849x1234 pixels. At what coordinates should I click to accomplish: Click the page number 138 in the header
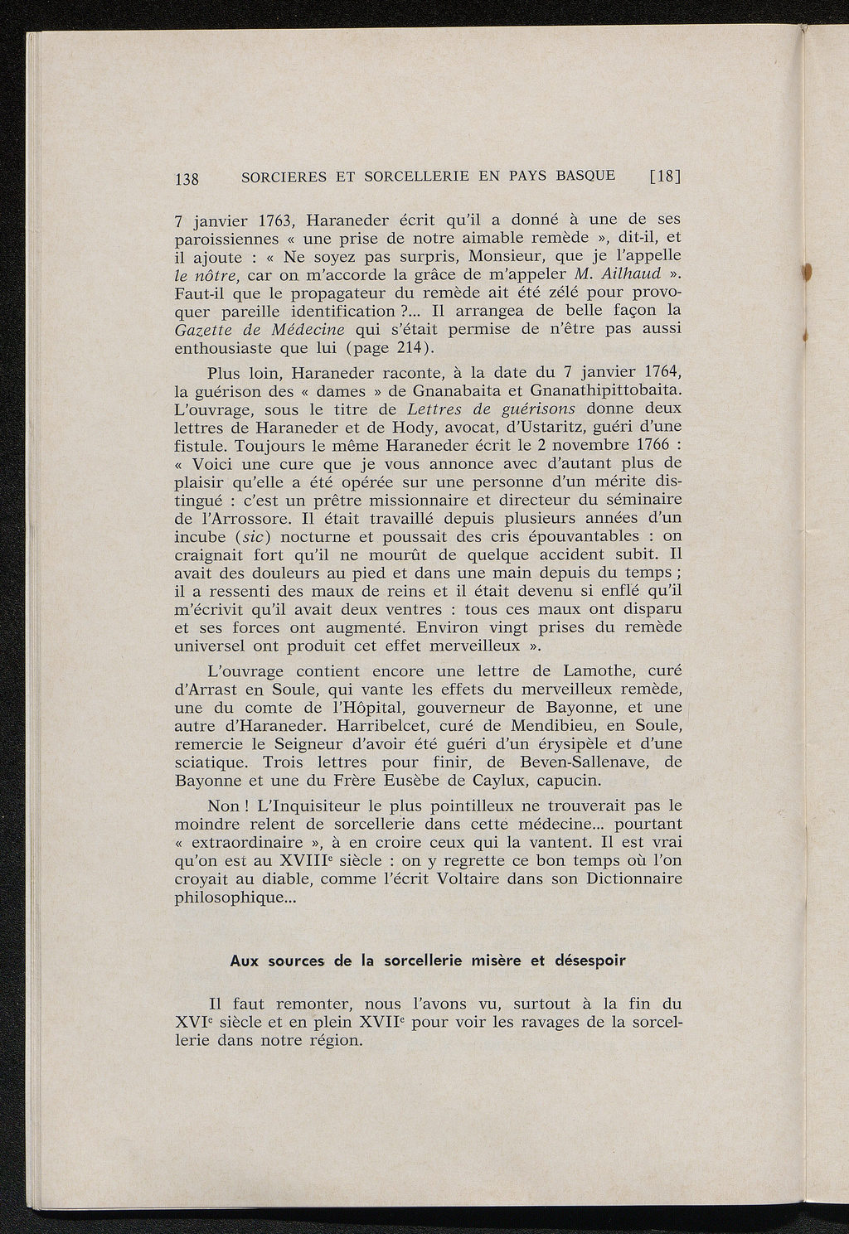click(187, 177)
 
